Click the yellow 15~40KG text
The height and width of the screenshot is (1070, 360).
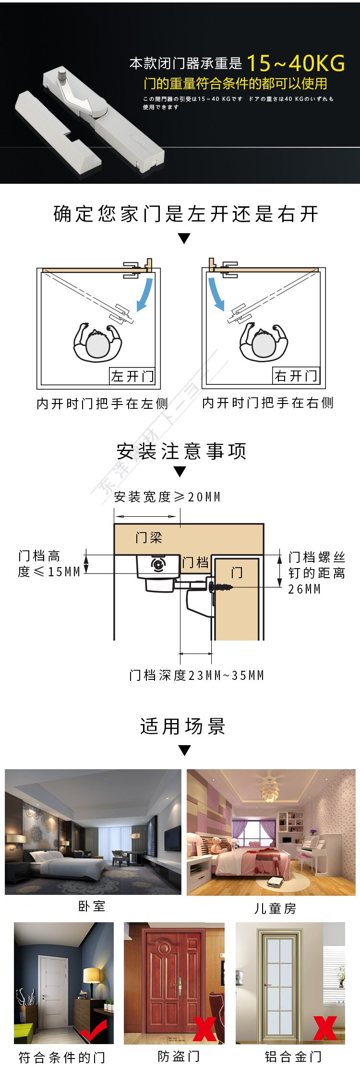296,63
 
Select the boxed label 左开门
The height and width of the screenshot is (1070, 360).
132,376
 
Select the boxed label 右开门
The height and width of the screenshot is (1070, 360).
296,376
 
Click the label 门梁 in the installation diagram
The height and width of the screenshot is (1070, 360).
149,537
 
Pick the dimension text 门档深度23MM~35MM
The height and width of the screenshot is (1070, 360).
197,676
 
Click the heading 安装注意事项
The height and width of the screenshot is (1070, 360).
181,452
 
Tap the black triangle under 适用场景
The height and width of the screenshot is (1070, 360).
184,750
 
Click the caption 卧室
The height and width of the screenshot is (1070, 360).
92,906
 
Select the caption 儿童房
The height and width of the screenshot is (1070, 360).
275,908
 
